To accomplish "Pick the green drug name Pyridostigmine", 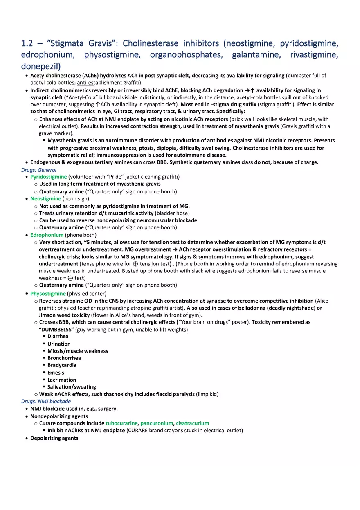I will (49, 177).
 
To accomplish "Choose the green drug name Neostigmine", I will (45, 199).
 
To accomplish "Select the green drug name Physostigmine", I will (48, 294).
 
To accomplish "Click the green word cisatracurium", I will (192, 423).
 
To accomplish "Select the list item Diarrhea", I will (58, 336).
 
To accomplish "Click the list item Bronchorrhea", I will (64, 358).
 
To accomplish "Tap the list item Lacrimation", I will (62, 380).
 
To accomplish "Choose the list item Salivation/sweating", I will (72, 387).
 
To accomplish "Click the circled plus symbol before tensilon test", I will (135, 264).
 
